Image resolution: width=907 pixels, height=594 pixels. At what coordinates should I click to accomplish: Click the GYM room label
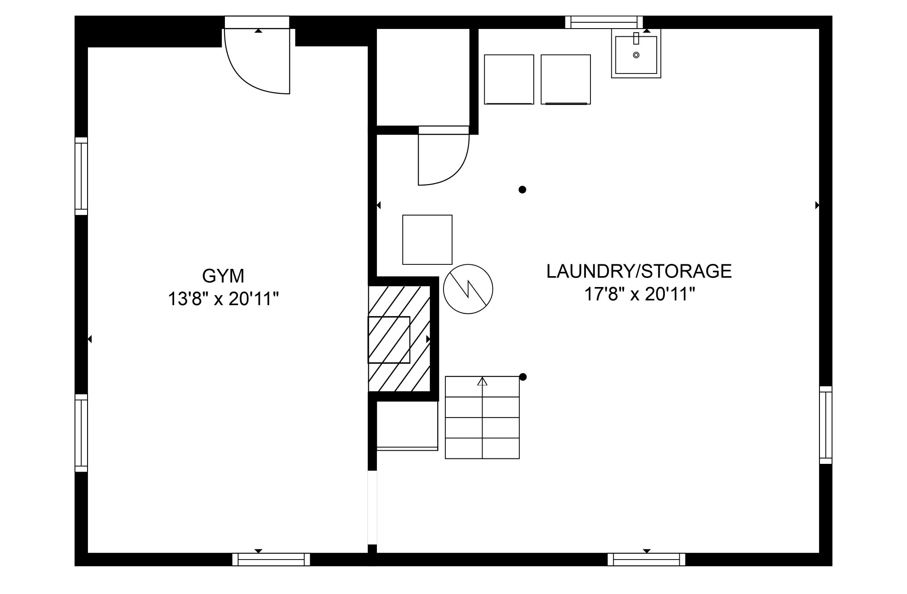(223, 276)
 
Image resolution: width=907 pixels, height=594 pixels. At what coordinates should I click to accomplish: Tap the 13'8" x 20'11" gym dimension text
(223, 299)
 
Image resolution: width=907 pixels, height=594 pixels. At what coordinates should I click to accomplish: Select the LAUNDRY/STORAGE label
(639, 271)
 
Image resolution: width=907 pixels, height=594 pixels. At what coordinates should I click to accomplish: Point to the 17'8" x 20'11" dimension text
(639, 295)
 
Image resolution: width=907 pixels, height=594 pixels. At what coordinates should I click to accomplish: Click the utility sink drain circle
(636, 55)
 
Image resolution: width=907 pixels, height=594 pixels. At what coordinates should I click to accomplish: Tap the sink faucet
(636, 38)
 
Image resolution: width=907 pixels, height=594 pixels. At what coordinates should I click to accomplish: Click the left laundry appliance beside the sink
(509, 79)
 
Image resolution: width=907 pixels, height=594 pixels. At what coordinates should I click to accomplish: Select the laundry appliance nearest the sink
(566, 79)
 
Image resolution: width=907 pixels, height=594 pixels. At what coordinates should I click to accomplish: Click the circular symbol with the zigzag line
(468, 289)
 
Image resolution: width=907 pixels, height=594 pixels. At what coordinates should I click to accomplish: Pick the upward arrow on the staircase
(482, 381)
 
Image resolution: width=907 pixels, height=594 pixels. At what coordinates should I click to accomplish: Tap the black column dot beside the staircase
(523, 377)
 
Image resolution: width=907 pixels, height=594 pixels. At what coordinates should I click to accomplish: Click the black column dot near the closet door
(522, 190)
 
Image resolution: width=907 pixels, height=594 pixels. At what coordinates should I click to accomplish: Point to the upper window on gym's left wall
(81, 176)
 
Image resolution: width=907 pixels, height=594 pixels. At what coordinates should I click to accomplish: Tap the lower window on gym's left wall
(81, 433)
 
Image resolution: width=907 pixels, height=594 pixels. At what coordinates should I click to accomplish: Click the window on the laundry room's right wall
(826, 425)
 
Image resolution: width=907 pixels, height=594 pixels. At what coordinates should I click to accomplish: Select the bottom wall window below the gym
(271, 560)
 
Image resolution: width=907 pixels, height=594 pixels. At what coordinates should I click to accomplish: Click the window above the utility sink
(604, 22)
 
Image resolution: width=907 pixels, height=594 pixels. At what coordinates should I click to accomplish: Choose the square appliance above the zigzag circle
(427, 239)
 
